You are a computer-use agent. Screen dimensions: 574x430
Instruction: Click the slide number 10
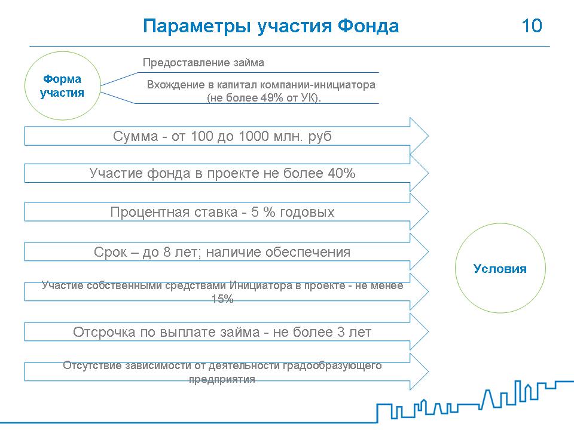coord(532,26)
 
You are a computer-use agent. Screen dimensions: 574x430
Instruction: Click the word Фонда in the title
coord(368,26)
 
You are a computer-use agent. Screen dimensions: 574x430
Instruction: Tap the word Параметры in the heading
coord(197,26)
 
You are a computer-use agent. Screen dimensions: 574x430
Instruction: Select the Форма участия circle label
coord(62,85)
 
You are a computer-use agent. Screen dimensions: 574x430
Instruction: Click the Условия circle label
coord(500,269)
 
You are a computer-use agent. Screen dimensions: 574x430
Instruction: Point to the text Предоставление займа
coord(203,63)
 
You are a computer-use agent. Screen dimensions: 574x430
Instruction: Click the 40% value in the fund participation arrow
coord(341,173)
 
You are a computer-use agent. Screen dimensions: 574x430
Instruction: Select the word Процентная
coord(174,212)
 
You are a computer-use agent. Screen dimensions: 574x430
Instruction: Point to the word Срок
coord(110,252)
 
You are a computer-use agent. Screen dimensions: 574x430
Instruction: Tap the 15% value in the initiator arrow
coord(222,299)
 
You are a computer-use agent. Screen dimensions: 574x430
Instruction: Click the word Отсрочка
coord(104,332)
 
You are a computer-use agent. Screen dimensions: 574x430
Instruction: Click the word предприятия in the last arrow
coord(222,379)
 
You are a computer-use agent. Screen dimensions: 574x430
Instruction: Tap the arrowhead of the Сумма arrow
coord(419,136)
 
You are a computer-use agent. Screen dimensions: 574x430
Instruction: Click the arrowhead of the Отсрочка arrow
coord(419,331)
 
